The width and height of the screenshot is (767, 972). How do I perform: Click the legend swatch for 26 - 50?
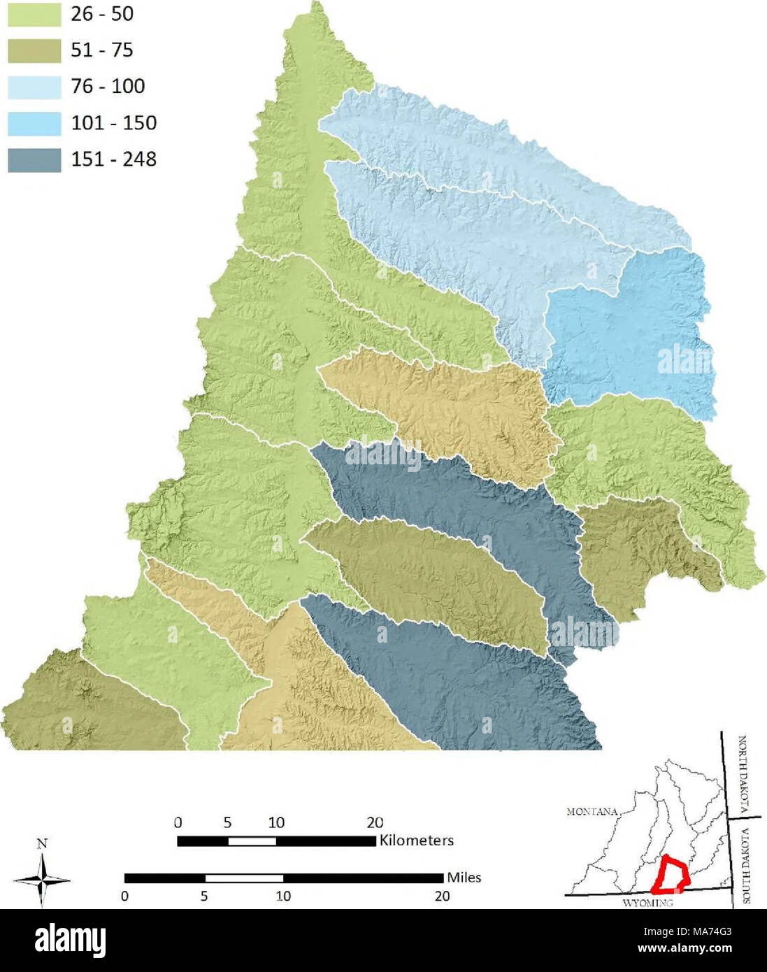[x=34, y=14]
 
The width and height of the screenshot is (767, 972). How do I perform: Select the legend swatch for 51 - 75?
[x=34, y=50]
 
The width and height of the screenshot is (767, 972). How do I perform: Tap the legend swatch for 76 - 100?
[x=34, y=87]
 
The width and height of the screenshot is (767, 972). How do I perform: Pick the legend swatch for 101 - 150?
[x=34, y=123]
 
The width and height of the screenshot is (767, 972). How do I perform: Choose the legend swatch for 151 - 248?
[x=34, y=159]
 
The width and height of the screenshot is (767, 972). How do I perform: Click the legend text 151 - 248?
[x=113, y=159]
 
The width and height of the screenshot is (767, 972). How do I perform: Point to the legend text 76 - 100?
[x=108, y=87]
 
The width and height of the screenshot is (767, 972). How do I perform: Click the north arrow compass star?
[x=42, y=880]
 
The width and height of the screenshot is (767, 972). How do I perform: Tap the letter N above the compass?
[x=42, y=843]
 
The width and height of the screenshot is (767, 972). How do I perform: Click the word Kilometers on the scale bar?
[x=416, y=841]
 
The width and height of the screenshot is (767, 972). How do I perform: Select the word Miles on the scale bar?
[x=464, y=878]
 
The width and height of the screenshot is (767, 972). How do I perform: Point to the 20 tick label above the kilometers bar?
[x=375, y=822]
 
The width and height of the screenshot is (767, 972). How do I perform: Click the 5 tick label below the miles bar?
[x=204, y=896]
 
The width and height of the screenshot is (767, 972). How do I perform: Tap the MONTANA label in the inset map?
[x=592, y=812]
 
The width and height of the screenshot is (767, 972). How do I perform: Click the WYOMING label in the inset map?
[x=647, y=903]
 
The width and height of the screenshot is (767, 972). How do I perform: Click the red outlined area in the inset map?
[x=670, y=875]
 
